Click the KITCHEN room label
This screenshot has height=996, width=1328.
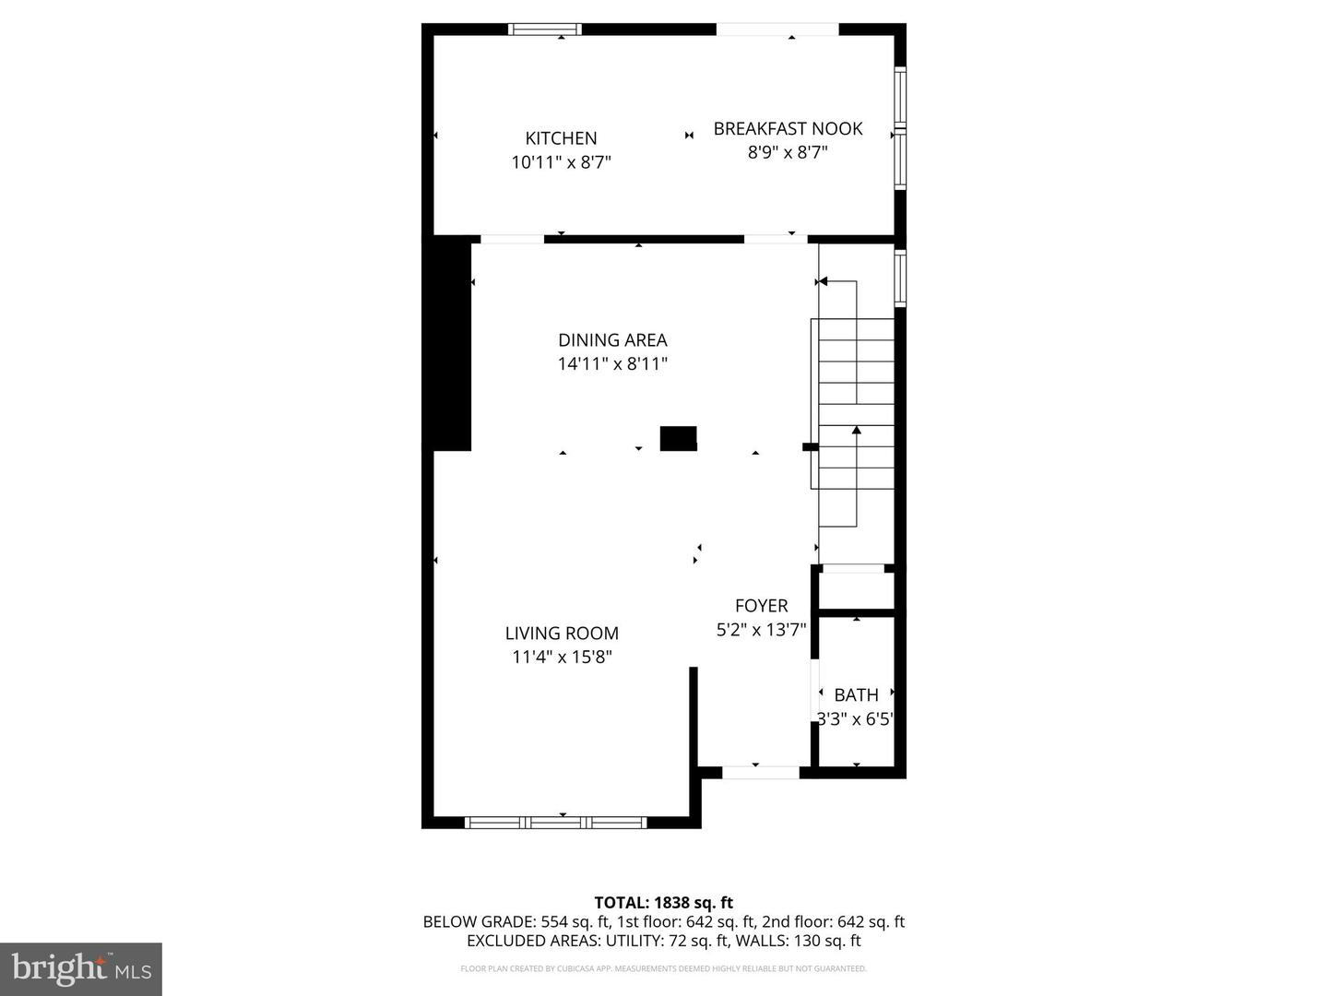(x=561, y=138)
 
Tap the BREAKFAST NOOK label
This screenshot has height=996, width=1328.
(x=788, y=129)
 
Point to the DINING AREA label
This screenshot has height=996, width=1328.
(x=612, y=340)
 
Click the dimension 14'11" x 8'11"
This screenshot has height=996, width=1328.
(x=612, y=364)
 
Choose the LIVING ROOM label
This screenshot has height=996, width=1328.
(x=562, y=634)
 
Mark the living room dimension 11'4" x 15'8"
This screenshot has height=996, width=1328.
(x=562, y=658)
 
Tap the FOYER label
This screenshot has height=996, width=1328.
(x=761, y=606)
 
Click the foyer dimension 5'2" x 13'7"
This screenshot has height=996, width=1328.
(x=761, y=630)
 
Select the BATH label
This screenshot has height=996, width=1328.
(x=856, y=695)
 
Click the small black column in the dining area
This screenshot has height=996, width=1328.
(x=678, y=438)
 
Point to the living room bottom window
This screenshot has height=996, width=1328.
(x=555, y=822)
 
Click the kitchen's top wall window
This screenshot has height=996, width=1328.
(x=545, y=30)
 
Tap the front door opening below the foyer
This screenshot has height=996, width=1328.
(x=760, y=773)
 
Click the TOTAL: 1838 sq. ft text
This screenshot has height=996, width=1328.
(x=663, y=903)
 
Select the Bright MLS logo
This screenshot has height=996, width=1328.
(x=81, y=968)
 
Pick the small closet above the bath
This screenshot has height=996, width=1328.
(x=857, y=590)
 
